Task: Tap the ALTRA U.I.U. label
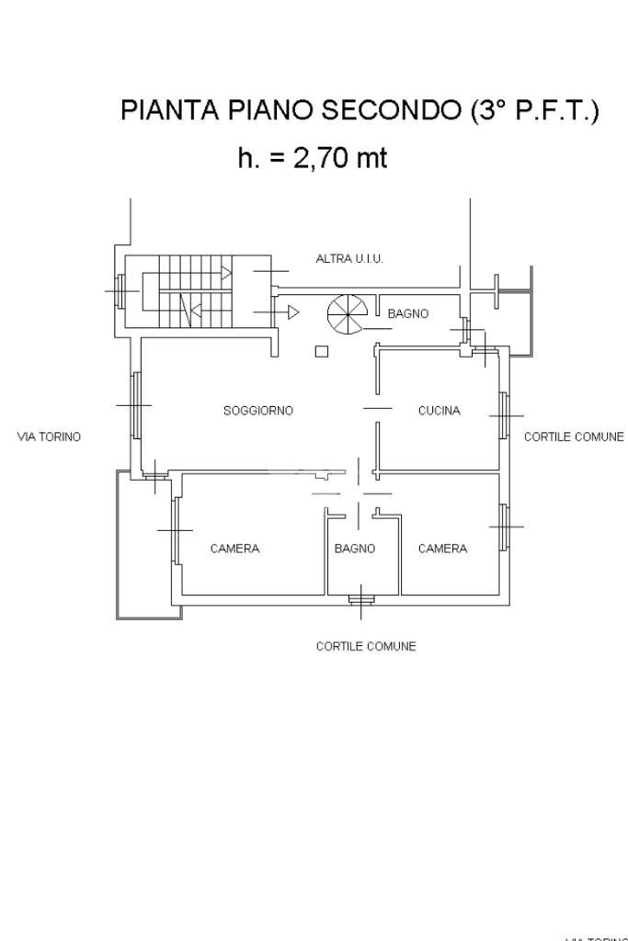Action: (x=349, y=259)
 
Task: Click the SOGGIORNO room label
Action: (x=258, y=411)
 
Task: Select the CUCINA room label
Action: (x=439, y=411)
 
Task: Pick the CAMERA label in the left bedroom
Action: (x=234, y=549)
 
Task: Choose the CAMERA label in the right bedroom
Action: (x=442, y=549)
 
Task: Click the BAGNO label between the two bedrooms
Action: (x=355, y=549)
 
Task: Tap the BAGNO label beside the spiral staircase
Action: (x=407, y=313)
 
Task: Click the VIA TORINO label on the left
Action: (x=49, y=436)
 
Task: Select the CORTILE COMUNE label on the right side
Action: (x=574, y=436)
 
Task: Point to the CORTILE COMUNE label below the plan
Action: (x=366, y=646)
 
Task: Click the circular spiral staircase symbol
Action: (x=347, y=313)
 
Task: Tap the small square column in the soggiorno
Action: (x=321, y=350)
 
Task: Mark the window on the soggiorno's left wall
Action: (x=136, y=404)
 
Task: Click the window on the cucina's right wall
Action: (x=504, y=415)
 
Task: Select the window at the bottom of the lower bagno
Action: (x=360, y=600)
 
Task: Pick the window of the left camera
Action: (x=175, y=529)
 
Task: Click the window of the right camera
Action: (x=504, y=527)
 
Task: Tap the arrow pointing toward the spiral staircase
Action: (x=292, y=312)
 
